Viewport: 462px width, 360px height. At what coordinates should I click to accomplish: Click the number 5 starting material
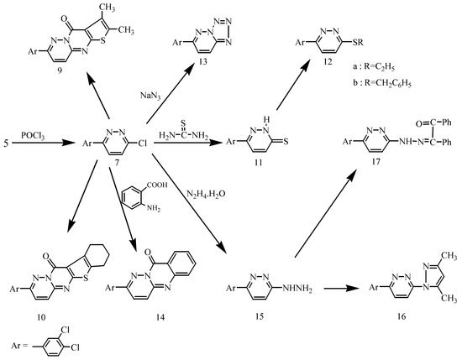coord(7,131)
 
